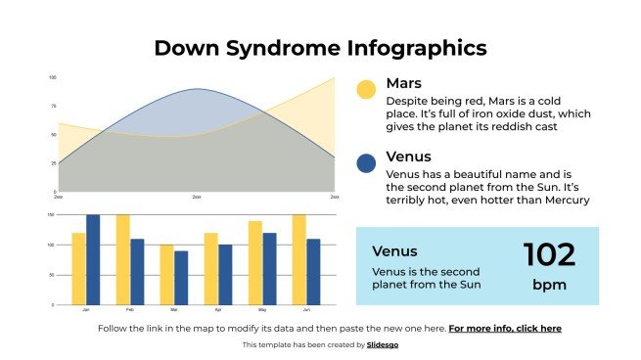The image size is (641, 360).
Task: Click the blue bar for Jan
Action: (93, 260)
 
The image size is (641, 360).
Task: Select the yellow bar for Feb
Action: (122, 260)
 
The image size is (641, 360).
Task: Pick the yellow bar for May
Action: (254, 263)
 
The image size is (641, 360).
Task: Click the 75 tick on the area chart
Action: (52, 106)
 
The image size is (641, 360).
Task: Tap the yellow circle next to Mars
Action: (366, 90)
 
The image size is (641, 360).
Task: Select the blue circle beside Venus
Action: (366, 163)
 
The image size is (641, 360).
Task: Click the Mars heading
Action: (404, 83)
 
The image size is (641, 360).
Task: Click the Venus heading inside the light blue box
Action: (394, 250)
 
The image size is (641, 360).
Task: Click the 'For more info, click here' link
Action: (505, 329)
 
